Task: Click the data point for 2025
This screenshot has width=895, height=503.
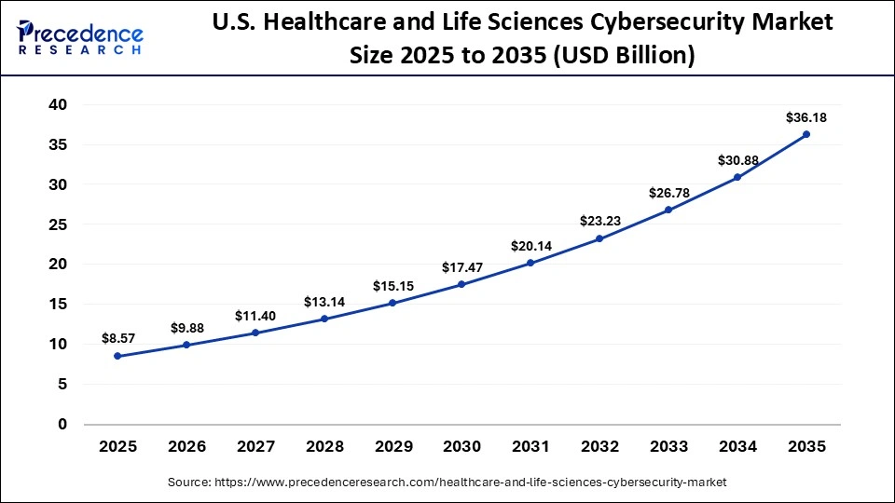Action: tap(117, 356)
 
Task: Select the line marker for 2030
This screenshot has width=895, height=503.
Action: tap(461, 284)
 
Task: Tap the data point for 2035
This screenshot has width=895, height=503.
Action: tap(806, 134)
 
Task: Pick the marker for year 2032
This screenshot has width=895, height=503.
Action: tap(599, 238)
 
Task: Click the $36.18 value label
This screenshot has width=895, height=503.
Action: tap(806, 117)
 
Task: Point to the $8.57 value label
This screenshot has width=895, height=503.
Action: tap(117, 339)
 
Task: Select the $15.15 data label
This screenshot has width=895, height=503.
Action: tap(392, 285)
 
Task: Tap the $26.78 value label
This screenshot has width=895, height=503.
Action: tap(668, 193)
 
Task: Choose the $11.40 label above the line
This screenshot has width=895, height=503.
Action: tap(255, 315)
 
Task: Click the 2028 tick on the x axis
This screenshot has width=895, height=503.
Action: tap(324, 447)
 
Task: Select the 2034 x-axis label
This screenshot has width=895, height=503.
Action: tap(737, 447)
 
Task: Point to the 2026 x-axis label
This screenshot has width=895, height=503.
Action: tap(186, 447)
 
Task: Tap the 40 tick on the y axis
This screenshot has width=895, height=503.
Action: tap(58, 105)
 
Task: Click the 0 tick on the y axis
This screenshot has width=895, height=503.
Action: tap(62, 425)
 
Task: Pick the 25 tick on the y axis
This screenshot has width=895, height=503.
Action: tap(58, 224)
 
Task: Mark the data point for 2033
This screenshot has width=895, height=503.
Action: tap(668, 210)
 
